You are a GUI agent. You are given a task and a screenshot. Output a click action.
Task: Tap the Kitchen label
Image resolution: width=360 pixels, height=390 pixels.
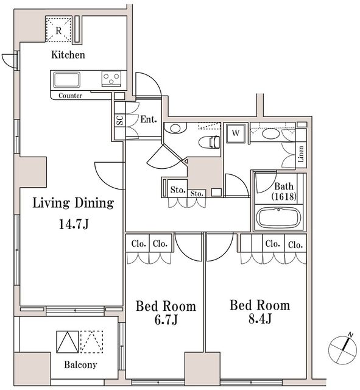click(68, 55)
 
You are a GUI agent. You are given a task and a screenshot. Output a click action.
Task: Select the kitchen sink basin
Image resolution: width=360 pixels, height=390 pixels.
click(66, 79)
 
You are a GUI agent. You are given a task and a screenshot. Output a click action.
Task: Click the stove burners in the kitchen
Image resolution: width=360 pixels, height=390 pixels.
click(111, 78)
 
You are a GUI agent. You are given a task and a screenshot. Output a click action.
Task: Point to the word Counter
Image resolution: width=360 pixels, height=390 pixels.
click(71, 96)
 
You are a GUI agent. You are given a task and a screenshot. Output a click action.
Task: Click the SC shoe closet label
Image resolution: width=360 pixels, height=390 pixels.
click(119, 120)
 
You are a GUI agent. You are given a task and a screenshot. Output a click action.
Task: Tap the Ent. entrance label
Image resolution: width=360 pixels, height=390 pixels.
click(149, 119)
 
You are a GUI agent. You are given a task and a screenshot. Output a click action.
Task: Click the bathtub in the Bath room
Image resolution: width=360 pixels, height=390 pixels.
click(277, 217)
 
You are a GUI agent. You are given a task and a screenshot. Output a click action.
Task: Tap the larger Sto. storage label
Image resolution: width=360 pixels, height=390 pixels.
click(177, 190)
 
